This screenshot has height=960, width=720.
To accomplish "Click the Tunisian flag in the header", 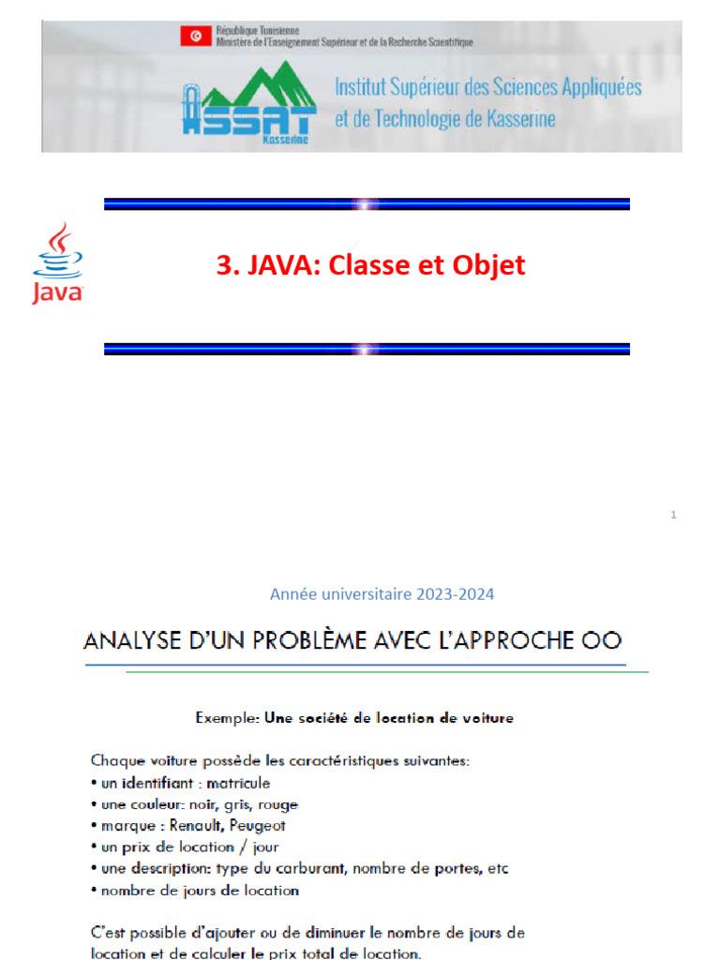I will click(x=196, y=37).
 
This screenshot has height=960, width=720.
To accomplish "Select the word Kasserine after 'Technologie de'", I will click(x=514, y=119).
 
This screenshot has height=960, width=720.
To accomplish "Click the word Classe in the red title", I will click(x=352, y=265).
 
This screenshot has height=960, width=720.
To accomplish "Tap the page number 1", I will click(x=674, y=515).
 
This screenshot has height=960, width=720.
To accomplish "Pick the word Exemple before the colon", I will click(x=225, y=719).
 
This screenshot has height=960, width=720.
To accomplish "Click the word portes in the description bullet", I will click(x=458, y=868).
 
